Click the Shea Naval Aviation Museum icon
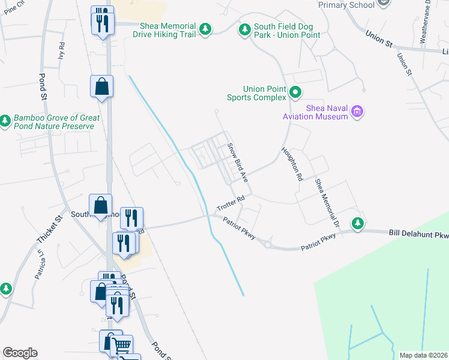click(x=358, y=111)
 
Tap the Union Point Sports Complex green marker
click(x=295, y=92)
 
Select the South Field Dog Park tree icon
click(x=244, y=29)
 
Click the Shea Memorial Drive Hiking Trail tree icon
click(x=205, y=29)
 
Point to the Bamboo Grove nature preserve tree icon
click(x=5, y=121)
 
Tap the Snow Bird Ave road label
click(x=237, y=163)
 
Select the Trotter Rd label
click(x=231, y=203)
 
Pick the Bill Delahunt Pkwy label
click(x=418, y=232)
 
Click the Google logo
click(x=20, y=353)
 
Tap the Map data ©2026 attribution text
click(x=423, y=355)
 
